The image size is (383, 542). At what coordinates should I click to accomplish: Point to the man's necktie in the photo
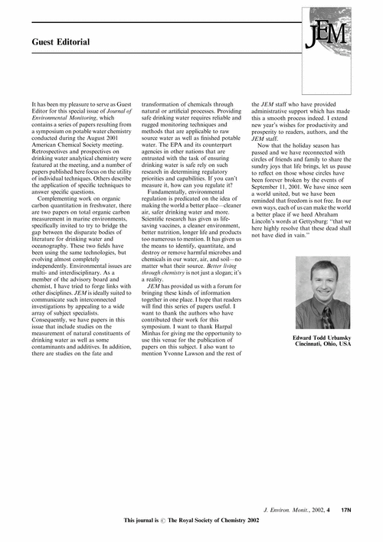pyautogui.click(x=326, y=317)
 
